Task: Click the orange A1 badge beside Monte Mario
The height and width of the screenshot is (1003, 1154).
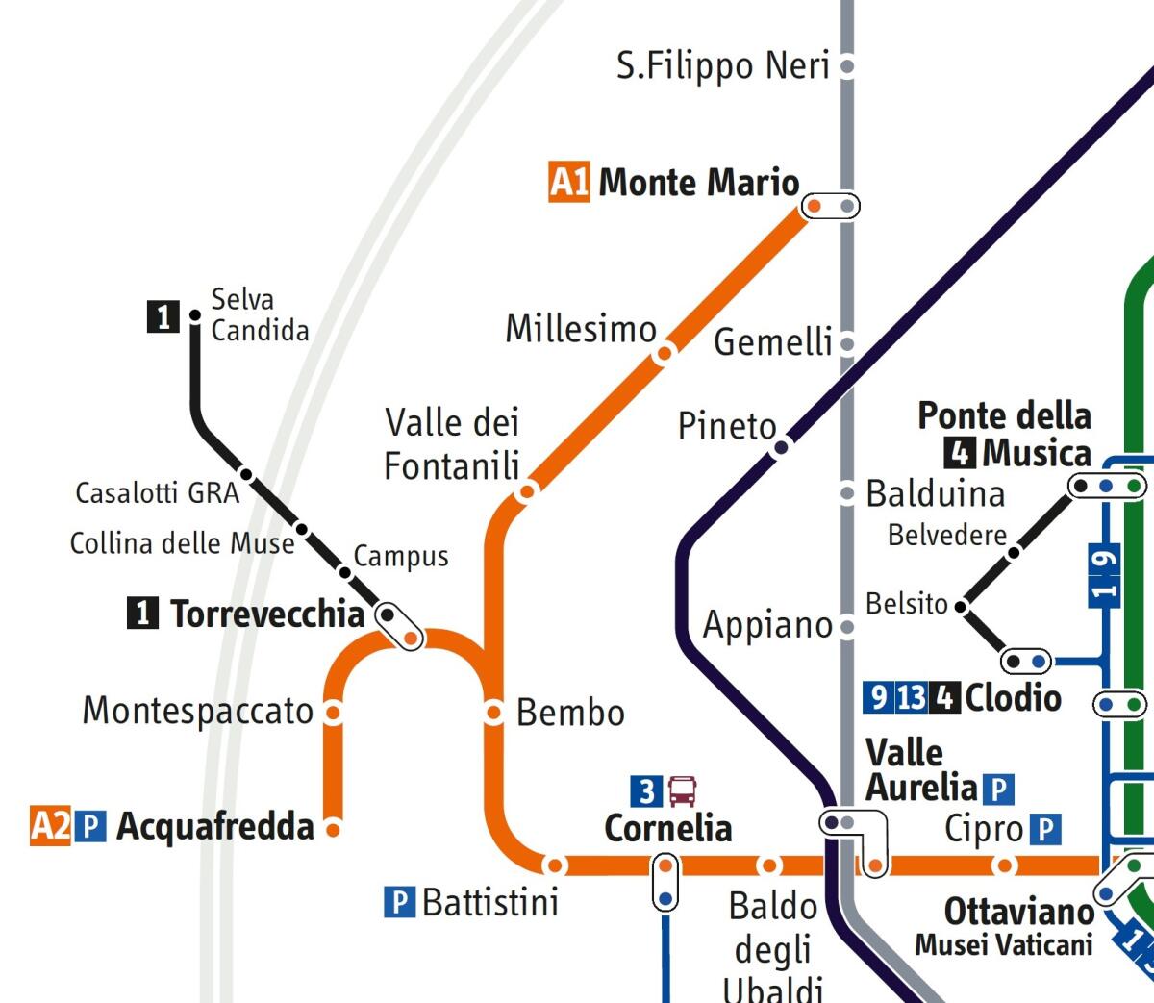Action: [568, 182]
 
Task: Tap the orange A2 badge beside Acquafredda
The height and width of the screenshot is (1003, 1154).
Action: [50, 826]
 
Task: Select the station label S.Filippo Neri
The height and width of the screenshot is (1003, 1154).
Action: [722, 66]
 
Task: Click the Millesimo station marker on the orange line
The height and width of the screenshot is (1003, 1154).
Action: [664, 354]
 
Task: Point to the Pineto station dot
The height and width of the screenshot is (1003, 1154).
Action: [782, 446]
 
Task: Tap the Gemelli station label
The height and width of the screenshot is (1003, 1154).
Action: [772, 342]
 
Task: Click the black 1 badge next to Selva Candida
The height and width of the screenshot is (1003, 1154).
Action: [163, 315]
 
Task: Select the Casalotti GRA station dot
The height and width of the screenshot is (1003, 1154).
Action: [246, 474]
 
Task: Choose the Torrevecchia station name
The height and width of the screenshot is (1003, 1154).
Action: [267, 614]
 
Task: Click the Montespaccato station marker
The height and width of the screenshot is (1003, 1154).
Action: [333, 712]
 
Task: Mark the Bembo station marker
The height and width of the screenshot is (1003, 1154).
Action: [493, 712]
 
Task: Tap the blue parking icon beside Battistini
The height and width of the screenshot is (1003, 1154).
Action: [399, 902]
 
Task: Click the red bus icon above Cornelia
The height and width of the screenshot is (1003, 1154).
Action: [683, 791]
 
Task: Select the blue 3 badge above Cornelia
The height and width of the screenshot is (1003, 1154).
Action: [646, 791]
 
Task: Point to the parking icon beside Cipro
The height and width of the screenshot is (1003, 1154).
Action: [1045, 829]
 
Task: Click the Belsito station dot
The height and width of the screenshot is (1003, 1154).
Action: [960, 606]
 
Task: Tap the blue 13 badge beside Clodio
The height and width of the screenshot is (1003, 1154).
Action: [912, 696]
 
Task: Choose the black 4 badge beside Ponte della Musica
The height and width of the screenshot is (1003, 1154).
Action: [960, 452]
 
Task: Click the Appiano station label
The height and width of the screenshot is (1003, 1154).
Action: [767, 625]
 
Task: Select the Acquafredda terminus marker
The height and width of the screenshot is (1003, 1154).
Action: [333, 828]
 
